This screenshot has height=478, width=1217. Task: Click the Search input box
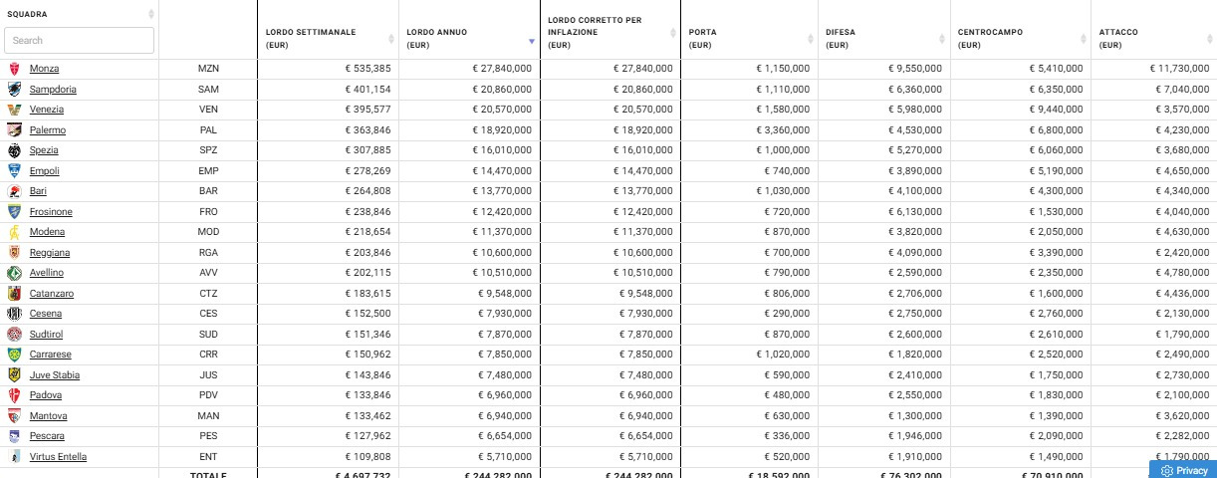coord(79,41)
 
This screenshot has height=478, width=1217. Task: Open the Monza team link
coord(44,69)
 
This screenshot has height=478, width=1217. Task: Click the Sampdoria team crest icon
coord(15,90)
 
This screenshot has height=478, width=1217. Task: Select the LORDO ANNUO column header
coord(436,32)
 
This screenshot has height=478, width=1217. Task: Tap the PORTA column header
coord(702,32)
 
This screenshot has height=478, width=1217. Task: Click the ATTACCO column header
coord(1118,32)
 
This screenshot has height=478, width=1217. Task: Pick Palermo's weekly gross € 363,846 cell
coord(367,130)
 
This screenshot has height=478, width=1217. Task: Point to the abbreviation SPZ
coord(208,150)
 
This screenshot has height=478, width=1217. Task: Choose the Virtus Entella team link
coord(58,457)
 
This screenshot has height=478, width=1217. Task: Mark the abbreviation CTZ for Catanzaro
coord(208,294)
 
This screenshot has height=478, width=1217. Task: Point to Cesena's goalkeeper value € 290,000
coord(787,314)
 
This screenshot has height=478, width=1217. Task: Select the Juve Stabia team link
coord(55,375)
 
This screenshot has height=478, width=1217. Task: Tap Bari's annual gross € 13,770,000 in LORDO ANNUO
coord(502,191)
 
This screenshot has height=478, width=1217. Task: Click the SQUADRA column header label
coord(27,14)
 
